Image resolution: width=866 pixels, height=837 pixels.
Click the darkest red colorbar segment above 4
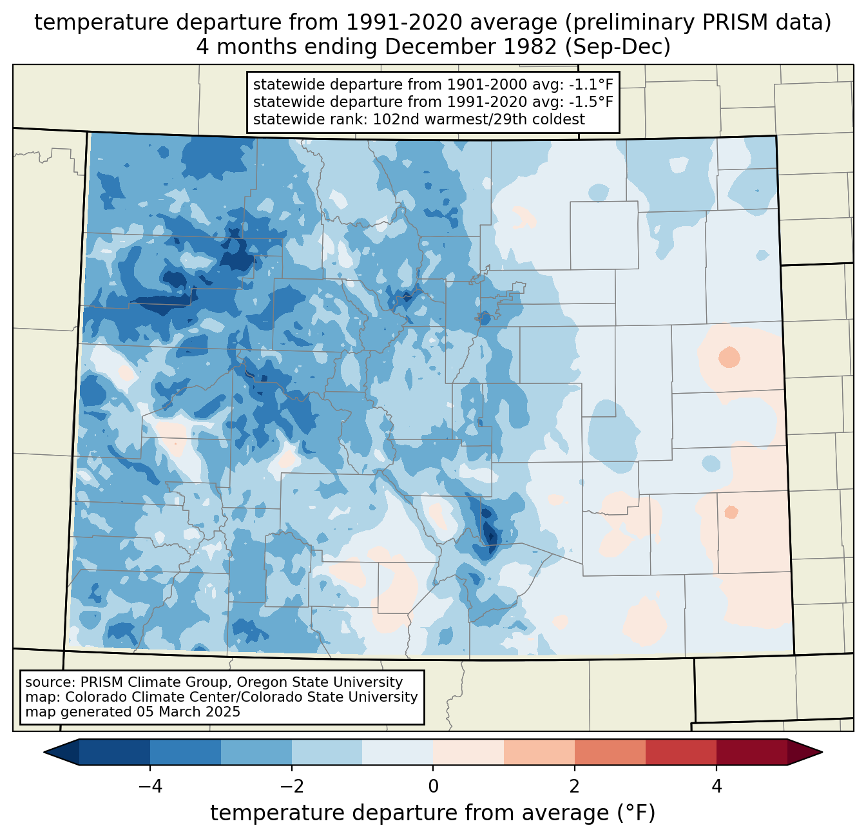751,752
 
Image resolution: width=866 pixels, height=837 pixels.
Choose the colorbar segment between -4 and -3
186,752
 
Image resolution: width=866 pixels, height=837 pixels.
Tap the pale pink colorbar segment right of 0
468,752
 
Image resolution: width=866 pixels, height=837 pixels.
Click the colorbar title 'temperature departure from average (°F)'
433,813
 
